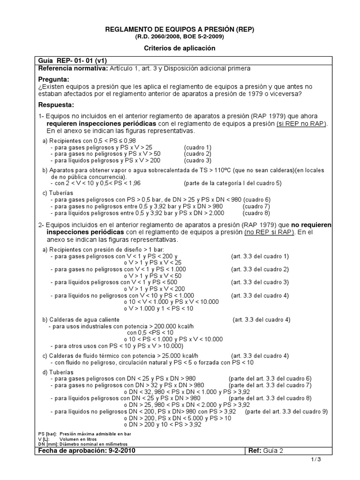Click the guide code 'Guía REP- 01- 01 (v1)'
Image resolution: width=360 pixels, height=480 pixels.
click(70, 61)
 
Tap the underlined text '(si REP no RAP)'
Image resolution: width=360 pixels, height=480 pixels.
click(301, 123)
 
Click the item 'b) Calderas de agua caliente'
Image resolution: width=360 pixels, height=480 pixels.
click(77, 319)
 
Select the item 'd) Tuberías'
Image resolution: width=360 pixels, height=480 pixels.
click(58, 372)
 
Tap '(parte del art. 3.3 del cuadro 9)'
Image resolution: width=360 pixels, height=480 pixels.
click(286, 412)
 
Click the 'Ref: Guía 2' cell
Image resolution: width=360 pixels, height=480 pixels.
click(267, 451)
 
